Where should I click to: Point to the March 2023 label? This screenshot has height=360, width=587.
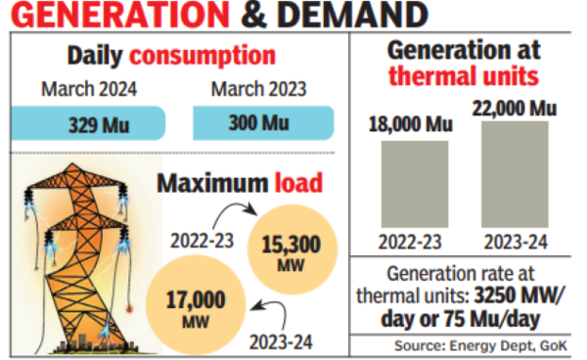click(x=258, y=91)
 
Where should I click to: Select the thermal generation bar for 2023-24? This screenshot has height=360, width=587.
click(x=513, y=176)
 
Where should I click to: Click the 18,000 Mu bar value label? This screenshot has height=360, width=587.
click(x=409, y=125)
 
